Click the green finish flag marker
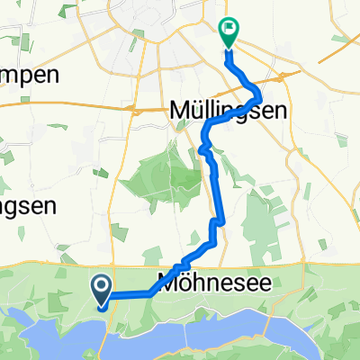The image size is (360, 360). coord(228,33)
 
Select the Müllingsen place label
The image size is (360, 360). coord(228,111)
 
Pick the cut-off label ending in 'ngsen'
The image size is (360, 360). coord(28,204)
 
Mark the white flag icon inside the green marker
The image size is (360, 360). coord(228,29)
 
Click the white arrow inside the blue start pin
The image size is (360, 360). coord(102,287)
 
